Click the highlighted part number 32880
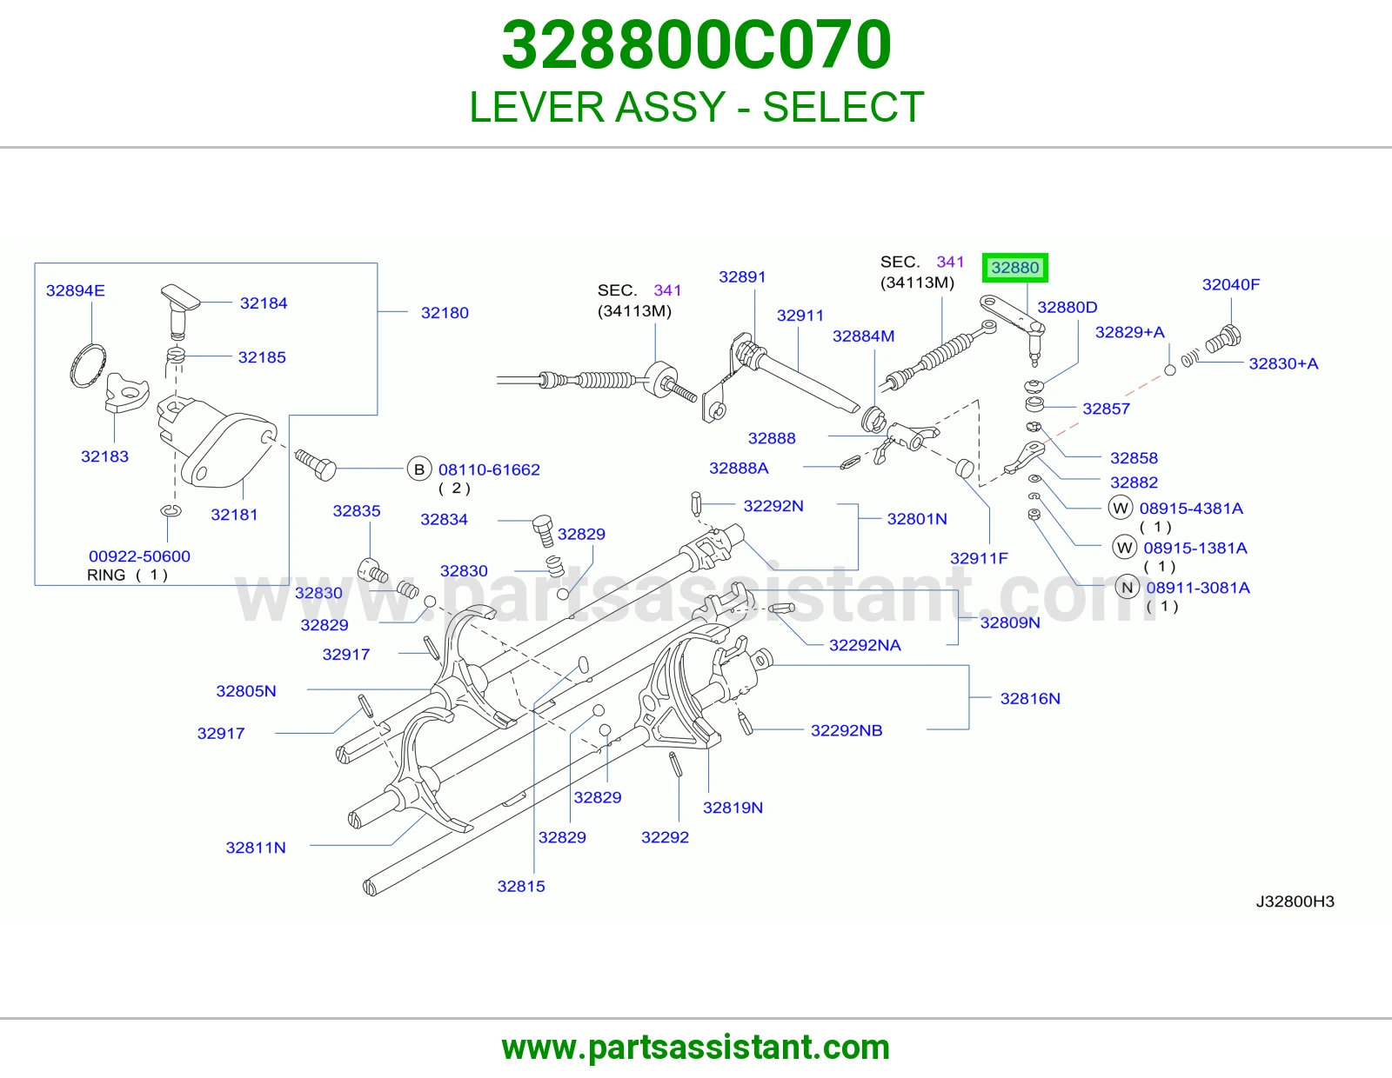point(1014,268)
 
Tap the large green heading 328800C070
point(696,45)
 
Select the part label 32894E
point(75,290)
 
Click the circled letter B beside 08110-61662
point(419,469)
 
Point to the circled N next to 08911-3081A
point(1127,588)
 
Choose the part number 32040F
point(1230,284)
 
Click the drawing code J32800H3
point(1295,902)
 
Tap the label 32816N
point(1030,698)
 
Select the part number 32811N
point(256,848)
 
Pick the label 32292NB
point(847,730)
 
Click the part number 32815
point(521,887)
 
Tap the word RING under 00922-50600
point(106,575)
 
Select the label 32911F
point(979,558)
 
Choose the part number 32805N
point(246,691)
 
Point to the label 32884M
point(863,336)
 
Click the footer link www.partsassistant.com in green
point(696,1048)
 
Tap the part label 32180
point(445,313)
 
